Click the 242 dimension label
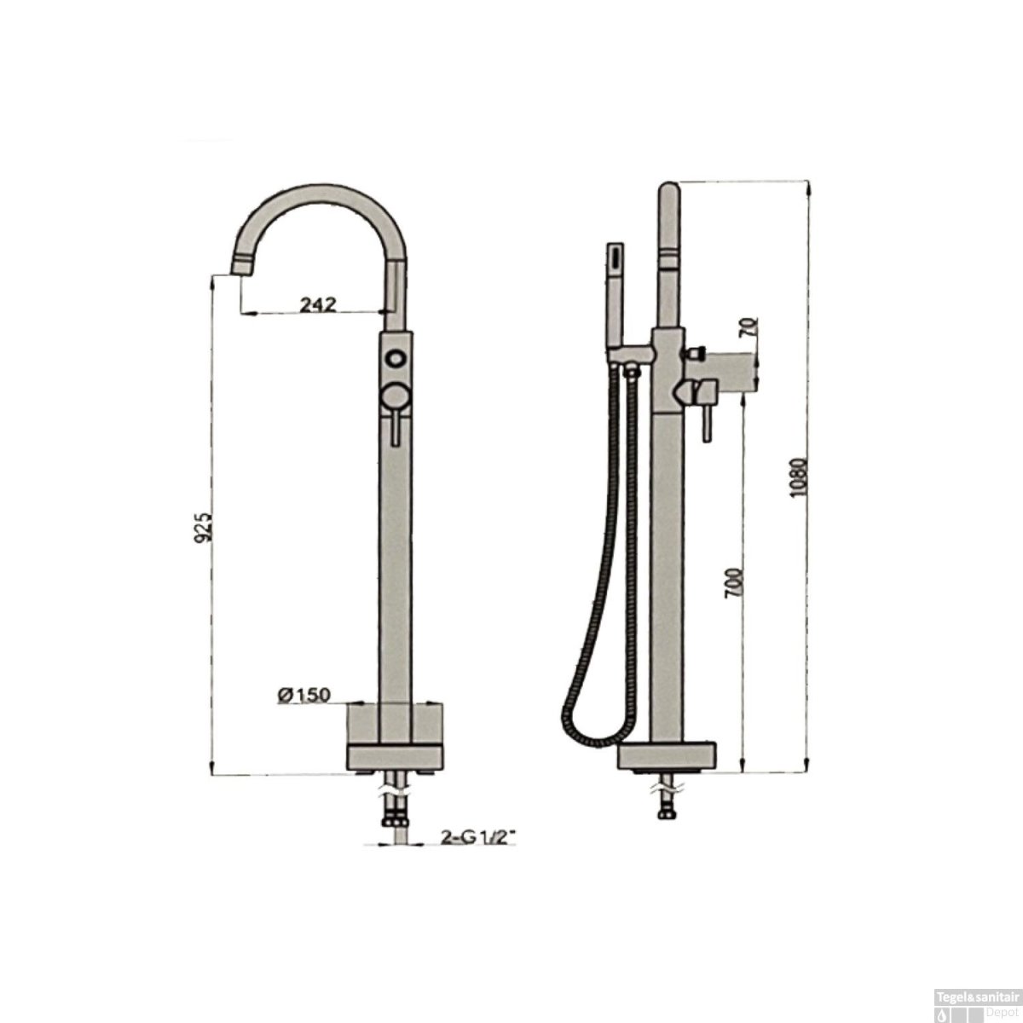(x=319, y=304)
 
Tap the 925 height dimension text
(x=204, y=527)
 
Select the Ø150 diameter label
(x=304, y=695)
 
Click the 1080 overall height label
(x=799, y=477)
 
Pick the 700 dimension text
(x=732, y=582)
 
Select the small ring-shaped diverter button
(x=396, y=358)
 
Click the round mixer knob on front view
(x=396, y=396)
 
